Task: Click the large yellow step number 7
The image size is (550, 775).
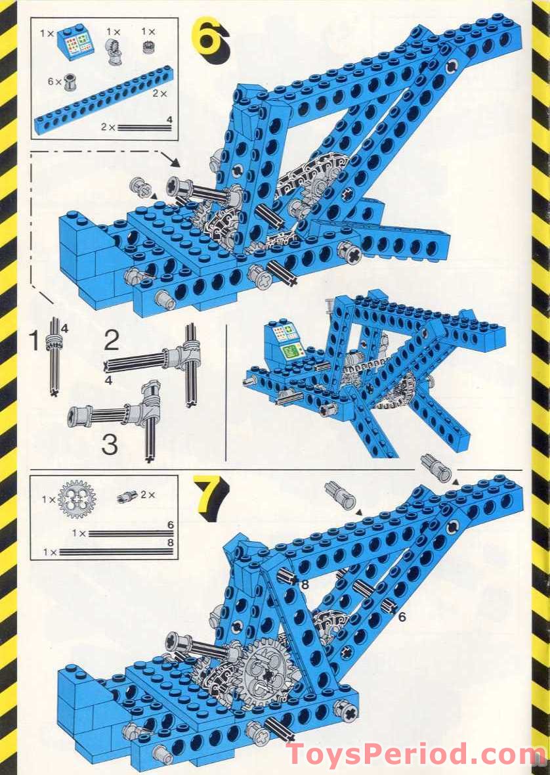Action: coord(210,498)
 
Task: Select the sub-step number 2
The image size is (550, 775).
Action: coord(112,341)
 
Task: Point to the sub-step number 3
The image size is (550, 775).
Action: coord(110,445)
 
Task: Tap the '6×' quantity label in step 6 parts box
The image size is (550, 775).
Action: coord(54,81)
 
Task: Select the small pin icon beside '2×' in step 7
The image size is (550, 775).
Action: coord(127,497)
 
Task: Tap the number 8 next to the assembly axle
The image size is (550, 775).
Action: coord(305,583)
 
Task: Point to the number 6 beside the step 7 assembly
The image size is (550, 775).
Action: coord(402,617)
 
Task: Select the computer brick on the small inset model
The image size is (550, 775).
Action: coord(284,341)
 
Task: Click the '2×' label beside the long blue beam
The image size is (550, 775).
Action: coord(159,94)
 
